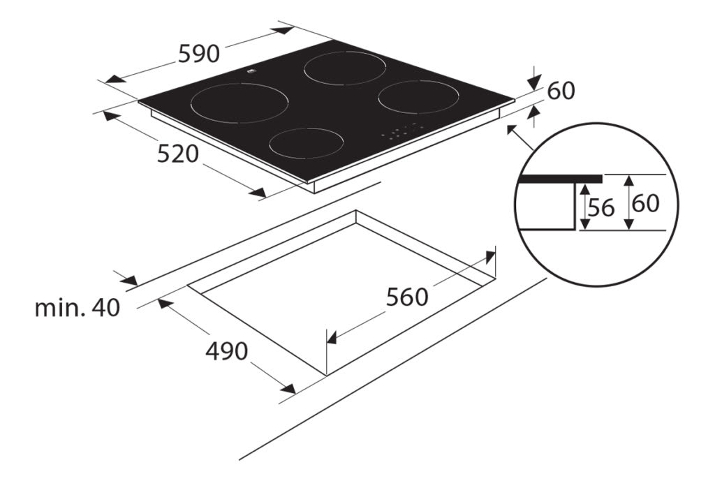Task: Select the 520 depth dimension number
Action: click(x=179, y=154)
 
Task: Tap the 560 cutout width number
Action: click(x=407, y=297)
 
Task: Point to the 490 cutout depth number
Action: click(x=226, y=352)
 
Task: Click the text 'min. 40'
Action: click(x=77, y=308)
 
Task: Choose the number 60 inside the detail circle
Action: click(x=645, y=204)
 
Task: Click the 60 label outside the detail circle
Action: click(x=561, y=91)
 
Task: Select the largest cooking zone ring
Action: click(x=239, y=103)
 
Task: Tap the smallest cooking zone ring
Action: click(x=307, y=143)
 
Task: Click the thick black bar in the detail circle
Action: click(x=559, y=179)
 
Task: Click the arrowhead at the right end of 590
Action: click(x=286, y=30)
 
